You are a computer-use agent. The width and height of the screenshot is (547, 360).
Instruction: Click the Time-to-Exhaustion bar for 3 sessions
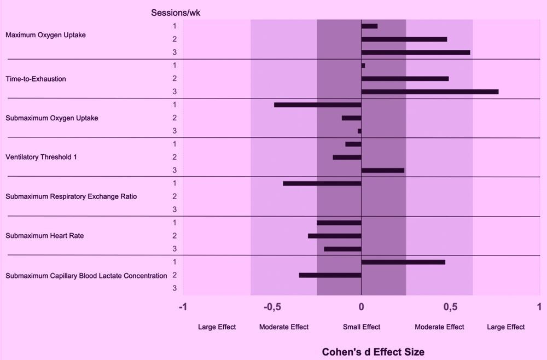click(430, 91)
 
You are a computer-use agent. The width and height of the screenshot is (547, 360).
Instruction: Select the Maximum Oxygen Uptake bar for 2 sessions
click(404, 39)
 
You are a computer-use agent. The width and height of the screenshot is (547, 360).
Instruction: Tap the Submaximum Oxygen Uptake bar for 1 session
click(318, 104)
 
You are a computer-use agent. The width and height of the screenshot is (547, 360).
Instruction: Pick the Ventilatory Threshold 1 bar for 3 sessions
click(383, 170)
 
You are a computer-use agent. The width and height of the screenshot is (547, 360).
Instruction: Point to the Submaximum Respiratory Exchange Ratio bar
click(322, 183)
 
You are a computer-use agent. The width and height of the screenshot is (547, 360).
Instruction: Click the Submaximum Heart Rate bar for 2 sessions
click(335, 236)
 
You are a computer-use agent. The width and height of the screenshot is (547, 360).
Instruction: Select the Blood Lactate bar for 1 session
click(403, 262)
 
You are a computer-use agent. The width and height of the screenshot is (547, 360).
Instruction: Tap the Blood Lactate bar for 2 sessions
click(330, 275)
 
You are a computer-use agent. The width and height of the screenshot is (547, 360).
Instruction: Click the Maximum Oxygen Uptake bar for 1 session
click(370, 26)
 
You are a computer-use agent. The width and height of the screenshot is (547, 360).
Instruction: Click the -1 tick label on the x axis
click(183, 306)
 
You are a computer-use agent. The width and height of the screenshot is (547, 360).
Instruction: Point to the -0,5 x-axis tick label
click(272, 306)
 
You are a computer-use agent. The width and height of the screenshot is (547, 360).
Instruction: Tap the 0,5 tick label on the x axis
click(450, 306)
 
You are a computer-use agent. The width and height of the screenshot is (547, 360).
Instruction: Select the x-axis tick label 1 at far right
click(539, 306)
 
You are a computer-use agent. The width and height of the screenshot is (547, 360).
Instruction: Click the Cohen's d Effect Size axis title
click(373, 352)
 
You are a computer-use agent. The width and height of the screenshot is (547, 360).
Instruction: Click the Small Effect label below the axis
click(362, 327)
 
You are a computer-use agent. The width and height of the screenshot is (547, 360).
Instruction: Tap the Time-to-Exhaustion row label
click(36, 79)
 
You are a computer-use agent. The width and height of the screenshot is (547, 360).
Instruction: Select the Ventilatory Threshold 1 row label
click(41, 157)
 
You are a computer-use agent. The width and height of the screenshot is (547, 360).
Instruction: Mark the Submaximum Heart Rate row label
click(44, 236)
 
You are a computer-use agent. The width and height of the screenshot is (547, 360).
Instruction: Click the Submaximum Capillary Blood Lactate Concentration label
click(86, 276)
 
